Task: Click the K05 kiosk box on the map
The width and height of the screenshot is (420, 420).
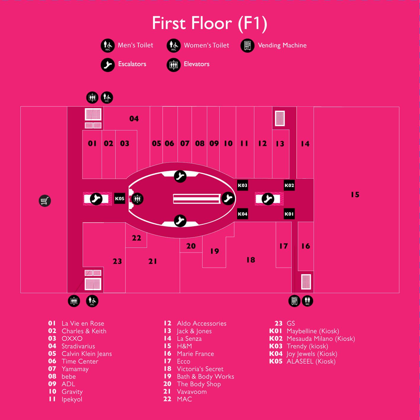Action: click(x=120, y=198)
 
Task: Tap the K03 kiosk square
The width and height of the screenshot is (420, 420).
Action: click(x=242, y=185)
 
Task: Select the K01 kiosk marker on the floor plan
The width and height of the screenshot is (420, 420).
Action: click(x=289, y=214)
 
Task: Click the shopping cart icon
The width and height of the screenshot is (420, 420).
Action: click(x=45, y=201)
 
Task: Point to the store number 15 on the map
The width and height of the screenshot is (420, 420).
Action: click(x=355, y=194)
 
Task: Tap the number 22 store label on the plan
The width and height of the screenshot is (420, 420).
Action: click(x=136, y=238)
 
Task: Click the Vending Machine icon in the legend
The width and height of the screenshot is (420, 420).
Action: click(x=247, y=46)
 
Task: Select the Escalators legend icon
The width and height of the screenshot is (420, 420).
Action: click(x=108, y=65)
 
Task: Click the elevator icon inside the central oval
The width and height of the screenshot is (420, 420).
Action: click(x=137, y=199)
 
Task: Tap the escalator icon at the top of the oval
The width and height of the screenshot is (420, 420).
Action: click(x=180, y=176)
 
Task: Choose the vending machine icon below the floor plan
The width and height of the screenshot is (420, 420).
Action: click(x=294, y=301)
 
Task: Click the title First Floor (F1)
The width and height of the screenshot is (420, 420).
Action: click(x=210, y=23)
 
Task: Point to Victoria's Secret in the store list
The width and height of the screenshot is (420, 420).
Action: click(x=200, y=369)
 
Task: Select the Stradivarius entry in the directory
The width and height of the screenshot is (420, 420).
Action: click(x=78, y=346)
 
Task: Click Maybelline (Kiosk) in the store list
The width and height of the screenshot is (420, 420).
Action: click(x=313, y=331)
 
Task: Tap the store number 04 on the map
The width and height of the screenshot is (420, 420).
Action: click(x=134, y=119)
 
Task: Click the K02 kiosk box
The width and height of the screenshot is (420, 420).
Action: click(x=289, y=185)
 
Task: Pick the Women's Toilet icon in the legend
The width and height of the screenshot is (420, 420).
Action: click(x=173, y=46)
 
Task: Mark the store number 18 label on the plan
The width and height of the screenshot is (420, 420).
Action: click(x=251, y=260)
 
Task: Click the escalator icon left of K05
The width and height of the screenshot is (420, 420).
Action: click(x=96, y=199)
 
